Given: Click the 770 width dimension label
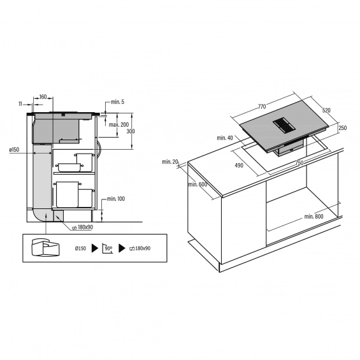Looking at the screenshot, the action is point(262,106).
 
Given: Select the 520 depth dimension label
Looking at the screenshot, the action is point(326,110).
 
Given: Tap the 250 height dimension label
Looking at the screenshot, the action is point(343,128).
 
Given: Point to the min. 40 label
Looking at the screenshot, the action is point(225,138).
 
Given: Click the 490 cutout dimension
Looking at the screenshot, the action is point(239,165).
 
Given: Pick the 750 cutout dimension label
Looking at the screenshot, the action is point(299,163).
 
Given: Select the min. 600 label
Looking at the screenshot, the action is point(198,184).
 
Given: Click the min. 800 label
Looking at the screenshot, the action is point(313,217).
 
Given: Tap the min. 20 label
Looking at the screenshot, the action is point(170,162).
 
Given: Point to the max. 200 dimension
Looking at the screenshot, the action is point(119,125).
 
